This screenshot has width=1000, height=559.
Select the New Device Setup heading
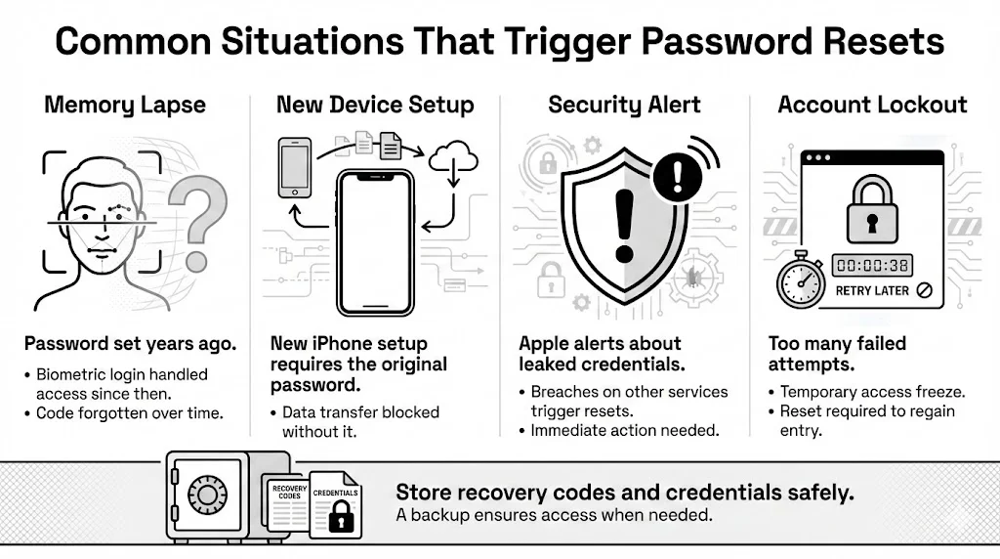[375, 106]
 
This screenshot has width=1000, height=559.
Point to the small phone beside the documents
[294, 168]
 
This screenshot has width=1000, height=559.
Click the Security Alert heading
[625, 106]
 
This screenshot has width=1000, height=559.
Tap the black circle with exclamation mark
[680, 177]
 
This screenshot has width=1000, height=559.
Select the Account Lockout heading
[872, 106]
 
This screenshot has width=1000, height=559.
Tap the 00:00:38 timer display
[872, 265]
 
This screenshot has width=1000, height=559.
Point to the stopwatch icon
[801, 279]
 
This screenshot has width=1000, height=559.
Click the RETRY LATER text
[872, 290]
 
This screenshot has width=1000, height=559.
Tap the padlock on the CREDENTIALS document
[340, 519]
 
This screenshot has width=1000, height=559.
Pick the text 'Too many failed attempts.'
[837, 354]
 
